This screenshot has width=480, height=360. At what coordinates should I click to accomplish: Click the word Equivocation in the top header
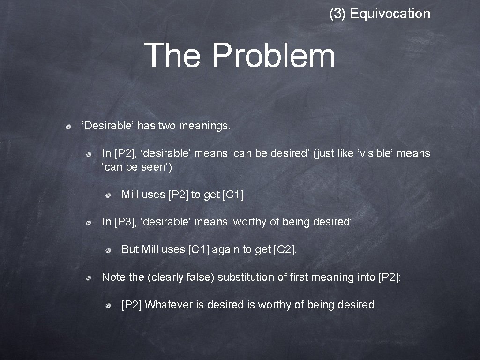390,14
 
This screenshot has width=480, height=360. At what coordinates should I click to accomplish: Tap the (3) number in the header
338,14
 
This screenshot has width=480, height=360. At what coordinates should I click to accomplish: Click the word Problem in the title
273,55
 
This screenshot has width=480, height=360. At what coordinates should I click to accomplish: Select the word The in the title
172,55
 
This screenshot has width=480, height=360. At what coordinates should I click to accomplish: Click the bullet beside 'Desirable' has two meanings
68,127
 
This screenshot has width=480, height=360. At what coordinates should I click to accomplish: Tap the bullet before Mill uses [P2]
108,195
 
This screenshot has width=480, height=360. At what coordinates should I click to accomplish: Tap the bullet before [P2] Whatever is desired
108,306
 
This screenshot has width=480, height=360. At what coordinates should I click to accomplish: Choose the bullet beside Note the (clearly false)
88,278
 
